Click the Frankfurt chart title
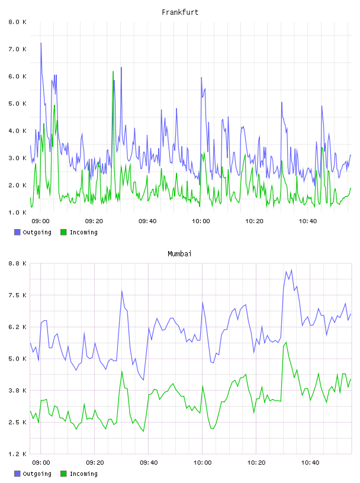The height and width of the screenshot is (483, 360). tap(180, 12)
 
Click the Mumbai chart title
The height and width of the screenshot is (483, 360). tap(179, 254)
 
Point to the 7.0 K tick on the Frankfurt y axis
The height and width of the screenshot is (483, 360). tap(17, 49)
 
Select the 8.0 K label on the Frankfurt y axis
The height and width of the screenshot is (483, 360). tap(17, 22)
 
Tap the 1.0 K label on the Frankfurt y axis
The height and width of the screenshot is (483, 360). tap(17, 212)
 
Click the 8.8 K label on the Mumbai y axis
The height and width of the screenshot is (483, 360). tap(17, 263)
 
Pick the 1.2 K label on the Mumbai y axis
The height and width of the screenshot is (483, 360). tap(17, 454)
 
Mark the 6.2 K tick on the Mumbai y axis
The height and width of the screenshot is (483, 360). tap(17, 327)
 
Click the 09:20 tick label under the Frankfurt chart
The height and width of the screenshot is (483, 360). tap(94, 221)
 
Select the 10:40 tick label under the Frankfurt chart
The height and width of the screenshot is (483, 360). tap(308, 221)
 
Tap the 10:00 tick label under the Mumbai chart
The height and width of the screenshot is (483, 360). tap(202, 463)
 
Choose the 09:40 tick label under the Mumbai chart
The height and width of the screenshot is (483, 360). tap(149, 463)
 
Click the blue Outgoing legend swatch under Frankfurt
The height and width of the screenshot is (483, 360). tap(17, 232)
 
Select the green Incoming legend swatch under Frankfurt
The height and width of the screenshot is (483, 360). tap(63, 232)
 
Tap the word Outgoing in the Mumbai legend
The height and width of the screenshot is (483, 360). tap(37, 474)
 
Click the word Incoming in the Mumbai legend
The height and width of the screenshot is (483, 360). tap(83, 474)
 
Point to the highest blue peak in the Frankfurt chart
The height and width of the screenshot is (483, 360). tap(41, 43)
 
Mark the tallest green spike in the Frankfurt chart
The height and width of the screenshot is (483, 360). tap(113, 72)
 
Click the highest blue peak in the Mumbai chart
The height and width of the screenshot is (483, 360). tap(291, 270)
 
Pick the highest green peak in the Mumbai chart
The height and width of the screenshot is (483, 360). tap(287, 342)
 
